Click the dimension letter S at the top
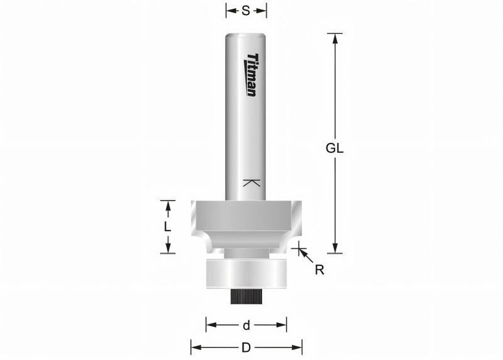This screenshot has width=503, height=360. click(246, 11)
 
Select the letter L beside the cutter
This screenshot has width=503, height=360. click(167, 227)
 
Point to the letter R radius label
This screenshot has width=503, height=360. click(319, 269)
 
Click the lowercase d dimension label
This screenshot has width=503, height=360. click(246, 325)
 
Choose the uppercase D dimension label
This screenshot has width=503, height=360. click(246, 347)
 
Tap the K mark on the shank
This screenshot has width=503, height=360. click(251, 183)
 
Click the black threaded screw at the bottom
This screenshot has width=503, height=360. click(246, 296)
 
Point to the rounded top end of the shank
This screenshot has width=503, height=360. click(246, 33)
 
